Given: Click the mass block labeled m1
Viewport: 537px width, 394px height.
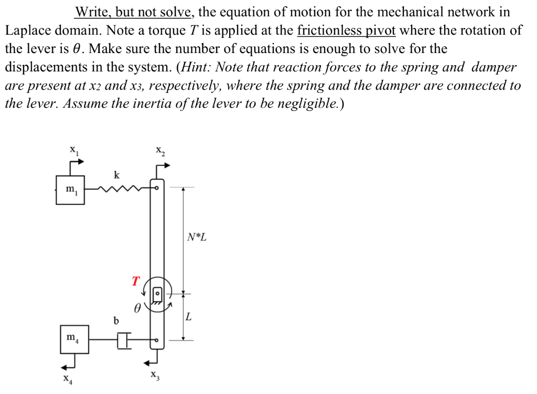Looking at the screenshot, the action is point(70,189).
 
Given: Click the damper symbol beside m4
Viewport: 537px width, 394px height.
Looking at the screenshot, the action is point(124,340).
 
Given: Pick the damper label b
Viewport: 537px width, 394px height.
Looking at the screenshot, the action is point(116,319).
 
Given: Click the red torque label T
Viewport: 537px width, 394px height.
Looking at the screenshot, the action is point(136,281).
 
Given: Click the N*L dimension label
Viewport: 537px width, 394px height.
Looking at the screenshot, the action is point(197,237).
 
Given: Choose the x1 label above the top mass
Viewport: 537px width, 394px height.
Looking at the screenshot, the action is point(74,150).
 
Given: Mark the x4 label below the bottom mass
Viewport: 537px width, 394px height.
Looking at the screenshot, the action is point(67,378).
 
